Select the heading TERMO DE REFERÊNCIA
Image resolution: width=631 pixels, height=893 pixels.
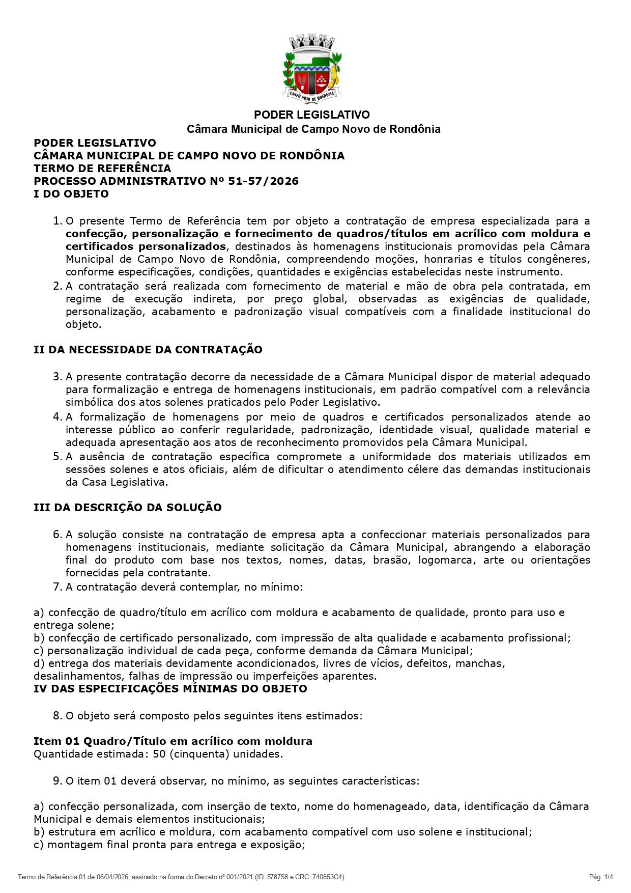[x=102, y=169]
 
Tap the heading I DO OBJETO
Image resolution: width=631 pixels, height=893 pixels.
[x=71, y=194]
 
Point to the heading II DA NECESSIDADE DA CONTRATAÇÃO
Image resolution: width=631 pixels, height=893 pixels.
[x=148, y=350]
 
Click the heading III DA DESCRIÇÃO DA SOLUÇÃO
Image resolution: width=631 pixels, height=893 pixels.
[x=128, y=508]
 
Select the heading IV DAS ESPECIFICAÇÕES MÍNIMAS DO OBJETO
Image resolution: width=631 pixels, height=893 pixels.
[x=170, y=689]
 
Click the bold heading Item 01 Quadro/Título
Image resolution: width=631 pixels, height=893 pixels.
[x=173, y=741]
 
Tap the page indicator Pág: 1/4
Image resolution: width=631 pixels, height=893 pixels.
[x=601, y=877]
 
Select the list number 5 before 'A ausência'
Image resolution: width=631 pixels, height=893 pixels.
[x=57, y=457]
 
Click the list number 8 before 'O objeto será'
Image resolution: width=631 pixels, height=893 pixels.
[x=57, y=716]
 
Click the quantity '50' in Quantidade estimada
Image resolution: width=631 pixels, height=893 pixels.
[x=159, y=754]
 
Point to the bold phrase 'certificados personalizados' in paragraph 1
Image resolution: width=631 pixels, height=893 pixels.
[x=146, y=246]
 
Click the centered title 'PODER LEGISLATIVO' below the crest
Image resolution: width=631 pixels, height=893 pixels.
[x=312, y=115]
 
